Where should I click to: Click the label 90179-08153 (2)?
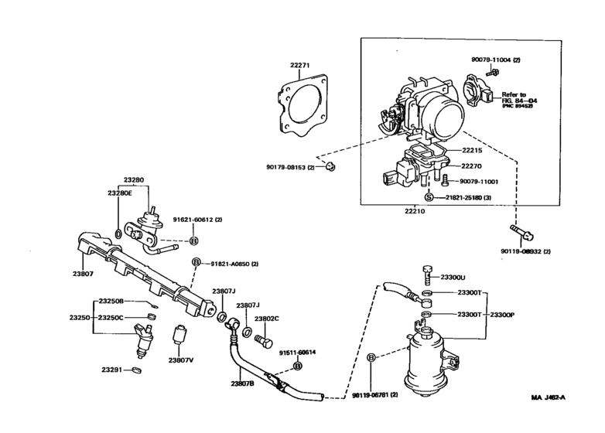pyautogui.click(x=287, y=167)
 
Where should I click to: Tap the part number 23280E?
pyautogui.click(x=121, y=193)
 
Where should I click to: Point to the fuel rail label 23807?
pyautogui.click(x=84, y=272)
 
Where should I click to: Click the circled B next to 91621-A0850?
pyautogui.click(x=197, y=263)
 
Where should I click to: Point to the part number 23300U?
pyautogui.click(x=451, y=277)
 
